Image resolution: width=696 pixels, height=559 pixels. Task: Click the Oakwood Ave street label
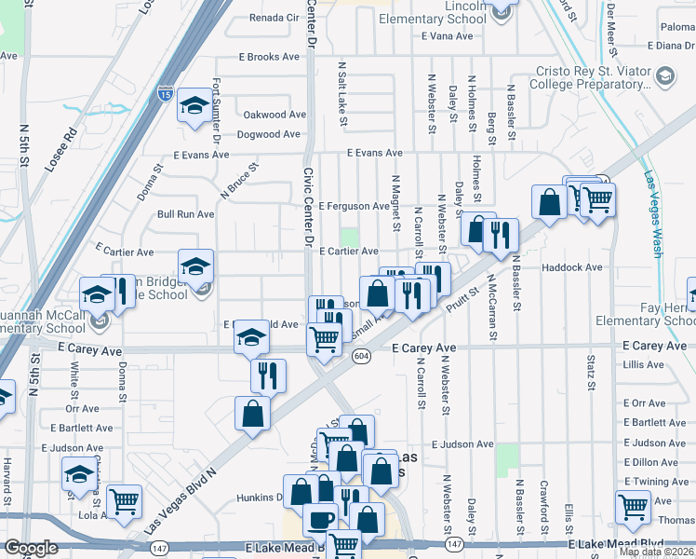274,116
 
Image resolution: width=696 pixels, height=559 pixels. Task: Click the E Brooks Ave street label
269,57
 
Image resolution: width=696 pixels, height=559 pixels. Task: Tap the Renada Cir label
274,18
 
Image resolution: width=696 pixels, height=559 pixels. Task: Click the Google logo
32,547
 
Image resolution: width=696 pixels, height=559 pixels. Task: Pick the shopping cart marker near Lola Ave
124,501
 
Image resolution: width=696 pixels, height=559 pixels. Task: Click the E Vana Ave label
448,37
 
